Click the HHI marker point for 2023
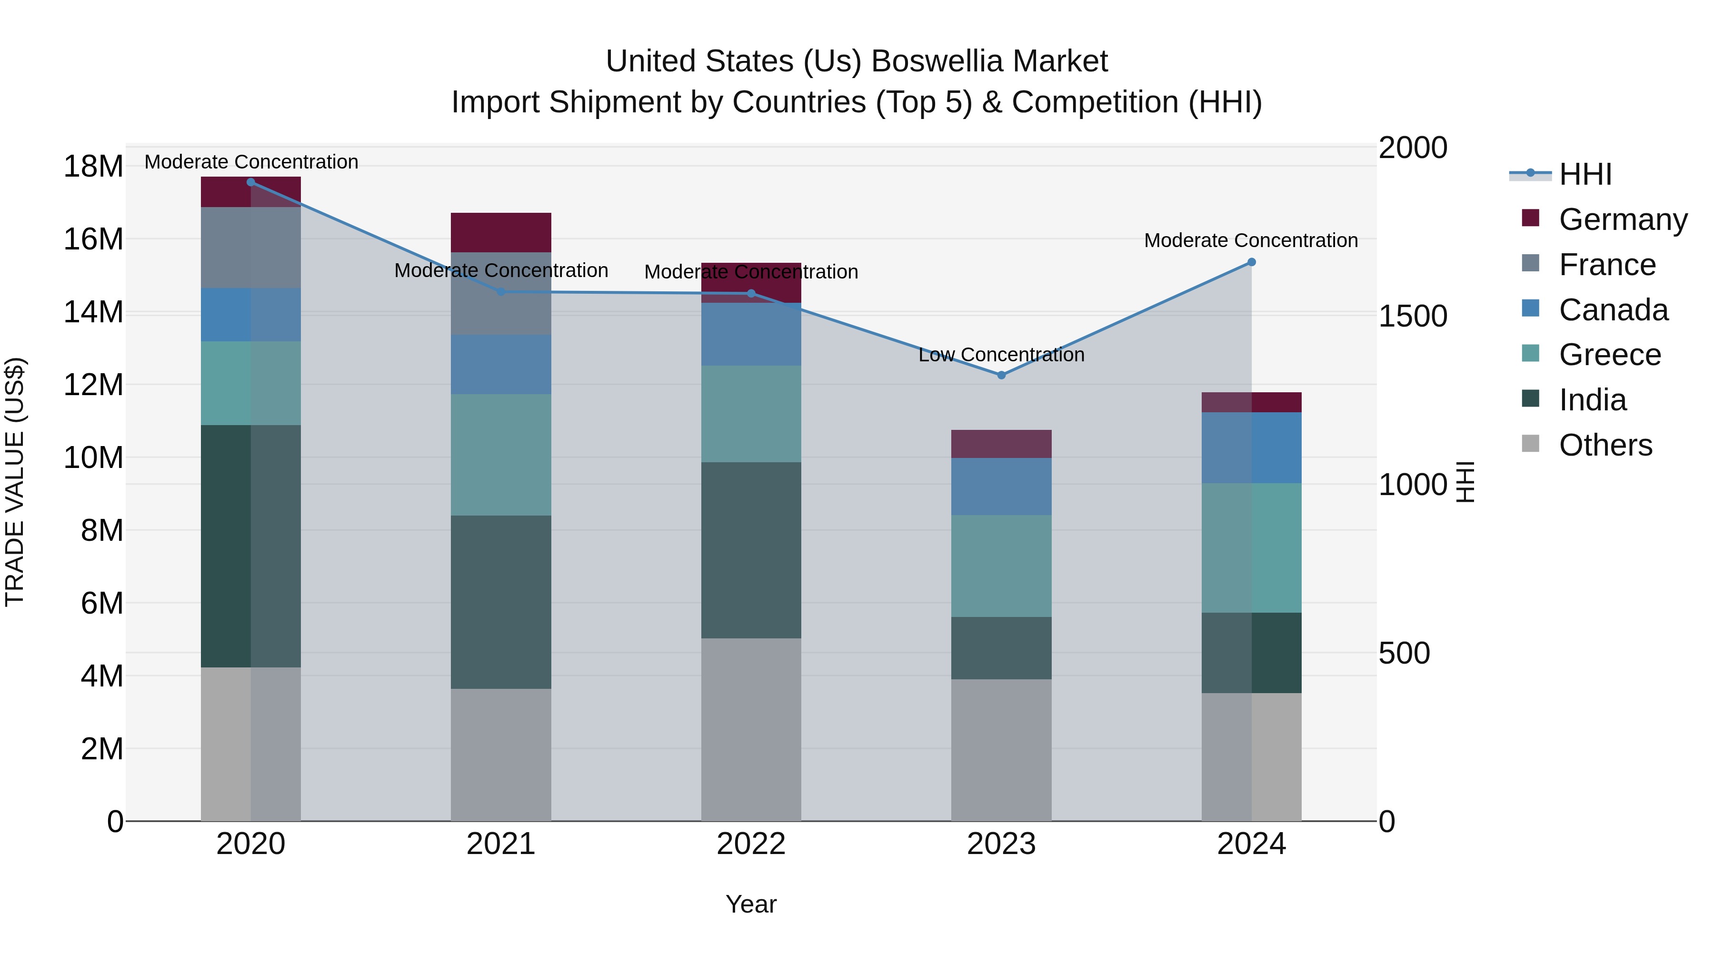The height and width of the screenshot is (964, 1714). point(1001,375)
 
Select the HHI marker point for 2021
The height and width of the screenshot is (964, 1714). point(501,291)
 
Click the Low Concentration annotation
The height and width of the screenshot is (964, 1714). point(1001,355)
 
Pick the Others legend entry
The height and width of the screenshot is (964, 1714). point(1605,445)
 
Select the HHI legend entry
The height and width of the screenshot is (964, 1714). point(1585,174)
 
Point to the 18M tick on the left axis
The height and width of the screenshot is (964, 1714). point(93,166)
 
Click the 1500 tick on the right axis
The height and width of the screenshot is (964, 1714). point(1412,316)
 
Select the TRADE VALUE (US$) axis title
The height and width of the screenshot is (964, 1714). point(15,482)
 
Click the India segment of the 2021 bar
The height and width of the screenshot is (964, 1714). point(501,602)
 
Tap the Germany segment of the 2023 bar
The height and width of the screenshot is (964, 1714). point(1001,444)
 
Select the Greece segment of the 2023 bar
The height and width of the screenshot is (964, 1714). point(1001,566)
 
